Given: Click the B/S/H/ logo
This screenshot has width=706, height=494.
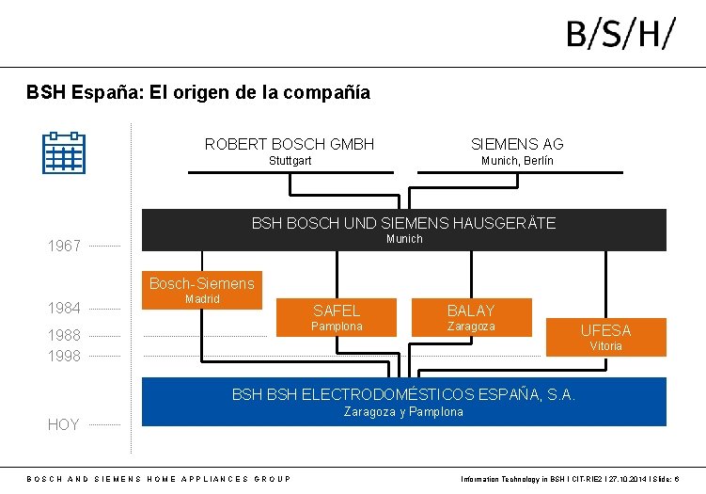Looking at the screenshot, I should click(x=620, y=35).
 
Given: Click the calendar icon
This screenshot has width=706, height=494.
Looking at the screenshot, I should click(x=64, y=152).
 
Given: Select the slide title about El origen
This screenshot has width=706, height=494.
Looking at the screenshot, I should click(x=198, y=92).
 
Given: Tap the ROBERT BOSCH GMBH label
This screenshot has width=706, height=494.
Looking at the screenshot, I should click(x=290, y=144).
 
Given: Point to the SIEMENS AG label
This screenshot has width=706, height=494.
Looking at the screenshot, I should click(x=517, y=144).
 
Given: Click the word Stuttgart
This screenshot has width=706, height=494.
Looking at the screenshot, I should click(x=290, y=161).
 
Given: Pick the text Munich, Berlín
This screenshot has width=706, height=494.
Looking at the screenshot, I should click(x=517, y=161).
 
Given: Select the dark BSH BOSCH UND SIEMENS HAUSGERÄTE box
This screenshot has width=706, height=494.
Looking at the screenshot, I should click(x=403, y=230).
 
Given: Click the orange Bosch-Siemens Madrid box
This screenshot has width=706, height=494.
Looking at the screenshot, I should click(x=201, y=289).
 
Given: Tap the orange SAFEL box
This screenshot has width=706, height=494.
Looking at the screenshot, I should click(x=337, y=317).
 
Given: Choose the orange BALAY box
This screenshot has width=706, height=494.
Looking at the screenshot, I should click(x=471, y=317).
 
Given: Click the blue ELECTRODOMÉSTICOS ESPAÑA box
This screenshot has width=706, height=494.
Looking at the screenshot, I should click(x=403, y=402).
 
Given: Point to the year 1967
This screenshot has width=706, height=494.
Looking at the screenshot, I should click(x=64, y=247).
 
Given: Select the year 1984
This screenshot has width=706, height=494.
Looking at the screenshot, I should click(x=64, y=308).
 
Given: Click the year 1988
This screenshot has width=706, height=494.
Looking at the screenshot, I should click(x=64, y=335).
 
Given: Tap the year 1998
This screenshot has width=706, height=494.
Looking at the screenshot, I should click(x=64, y=356).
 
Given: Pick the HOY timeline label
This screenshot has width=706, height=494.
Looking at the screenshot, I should click(x=63, y=424).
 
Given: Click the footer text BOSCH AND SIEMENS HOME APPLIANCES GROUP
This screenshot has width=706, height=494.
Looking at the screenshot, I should click(x=159, y=479).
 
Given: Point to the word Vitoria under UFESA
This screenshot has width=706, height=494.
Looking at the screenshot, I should click(x=605, y=346).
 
